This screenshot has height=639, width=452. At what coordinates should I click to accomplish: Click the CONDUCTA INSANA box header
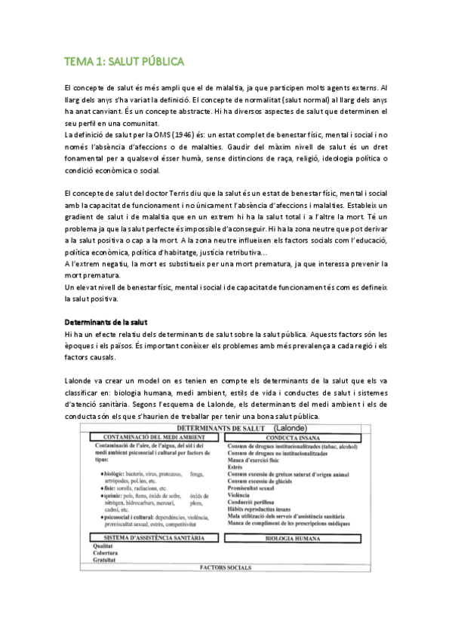click(x=300, y=436)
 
